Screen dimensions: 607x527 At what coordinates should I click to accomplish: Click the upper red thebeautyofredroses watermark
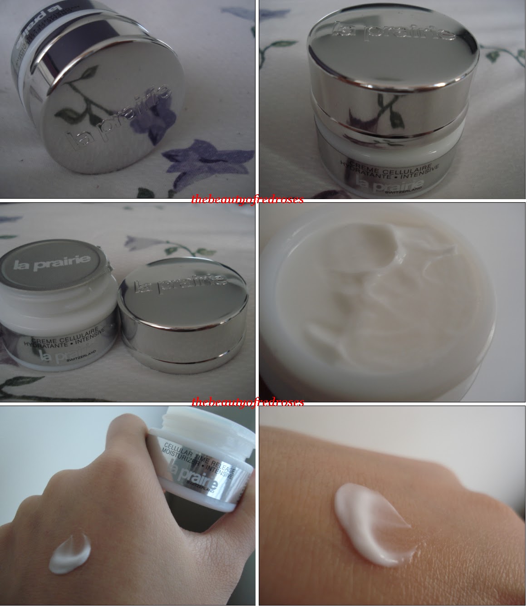pyautogui.click(x=247, y=200)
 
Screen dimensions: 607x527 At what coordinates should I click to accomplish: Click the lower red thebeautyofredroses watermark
pyautogui.click(x=247, y=402)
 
